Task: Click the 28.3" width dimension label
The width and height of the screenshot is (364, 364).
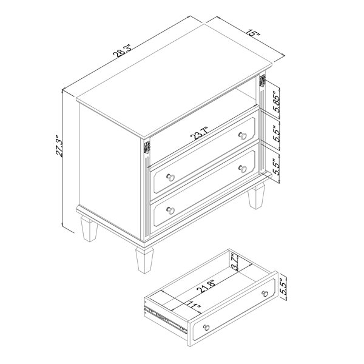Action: (x=123, y=51)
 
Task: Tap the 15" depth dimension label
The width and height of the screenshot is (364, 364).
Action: (x=253, y=33)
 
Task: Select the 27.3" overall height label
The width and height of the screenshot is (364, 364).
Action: (x=59, y=146)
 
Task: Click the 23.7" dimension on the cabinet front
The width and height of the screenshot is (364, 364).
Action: (x=199, y=133)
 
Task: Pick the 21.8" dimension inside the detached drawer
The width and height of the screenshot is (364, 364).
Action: (x=206, y=285)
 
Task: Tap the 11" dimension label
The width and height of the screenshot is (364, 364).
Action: (x=193, y=307)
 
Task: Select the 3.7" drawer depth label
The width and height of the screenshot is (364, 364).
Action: (x=235, y=263)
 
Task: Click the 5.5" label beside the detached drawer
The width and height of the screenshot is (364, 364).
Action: (x=284, y=286)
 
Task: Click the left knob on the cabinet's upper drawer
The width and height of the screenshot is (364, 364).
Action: (x=170, y=177)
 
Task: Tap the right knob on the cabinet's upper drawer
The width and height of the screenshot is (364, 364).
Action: (x=243, y=135)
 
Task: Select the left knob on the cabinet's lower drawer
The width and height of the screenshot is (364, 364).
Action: (x=170, y=211)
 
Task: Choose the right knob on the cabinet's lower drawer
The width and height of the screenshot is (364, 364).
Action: (x=243, y=169)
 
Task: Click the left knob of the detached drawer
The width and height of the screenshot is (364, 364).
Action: (x=206, y=328)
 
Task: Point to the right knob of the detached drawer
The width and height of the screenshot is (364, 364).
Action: (x=265, y=294)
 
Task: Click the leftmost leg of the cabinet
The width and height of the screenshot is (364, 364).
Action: (x=89, y=229)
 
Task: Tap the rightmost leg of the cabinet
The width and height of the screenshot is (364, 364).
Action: (x=256, y=195)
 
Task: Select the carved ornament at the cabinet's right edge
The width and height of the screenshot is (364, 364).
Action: (x=262, y=81)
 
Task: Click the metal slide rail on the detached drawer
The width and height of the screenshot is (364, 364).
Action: (x=166, y=319)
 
